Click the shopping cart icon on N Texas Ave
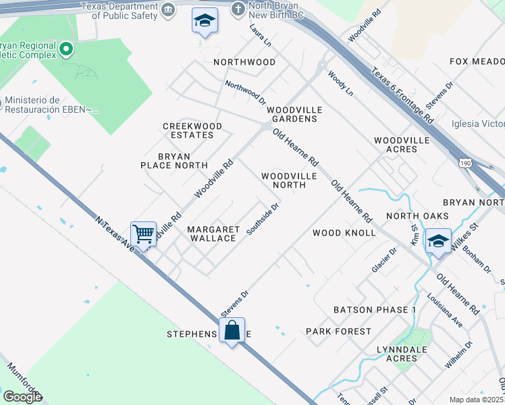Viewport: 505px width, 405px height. click(x=144, y=234)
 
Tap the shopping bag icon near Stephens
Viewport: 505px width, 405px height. click(x=232, y=330)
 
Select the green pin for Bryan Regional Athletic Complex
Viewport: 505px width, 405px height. click(x=65, y=49)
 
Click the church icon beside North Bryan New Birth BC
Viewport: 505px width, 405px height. click(x=238, y=9)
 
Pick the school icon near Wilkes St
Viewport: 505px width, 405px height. click(x=438, y=241)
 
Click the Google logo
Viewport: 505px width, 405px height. click(x=22, y=397)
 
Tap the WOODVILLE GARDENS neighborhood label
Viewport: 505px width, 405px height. click(x=294, y=114)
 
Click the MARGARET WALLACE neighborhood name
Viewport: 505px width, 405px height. click(x=212, y=234)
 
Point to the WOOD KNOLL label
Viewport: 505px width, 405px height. click(x=344, y=233)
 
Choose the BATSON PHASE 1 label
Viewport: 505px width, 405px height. click(x=375, y=310)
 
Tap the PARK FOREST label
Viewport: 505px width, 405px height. click(x=338, y=331)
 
